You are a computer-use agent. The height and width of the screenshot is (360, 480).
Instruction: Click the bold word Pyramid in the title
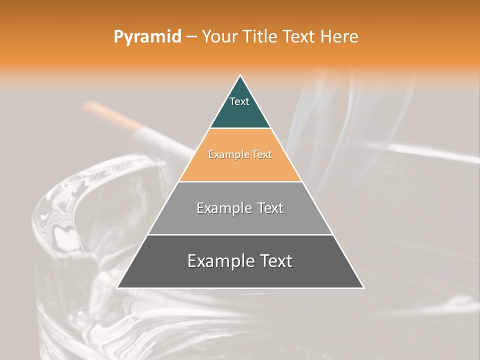pos(147,37)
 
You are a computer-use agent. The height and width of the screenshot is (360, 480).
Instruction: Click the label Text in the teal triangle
pos(239,101)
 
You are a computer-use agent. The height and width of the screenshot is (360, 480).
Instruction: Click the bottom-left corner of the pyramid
pos(117,287)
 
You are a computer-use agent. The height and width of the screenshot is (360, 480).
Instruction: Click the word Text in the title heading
pos(299,37)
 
